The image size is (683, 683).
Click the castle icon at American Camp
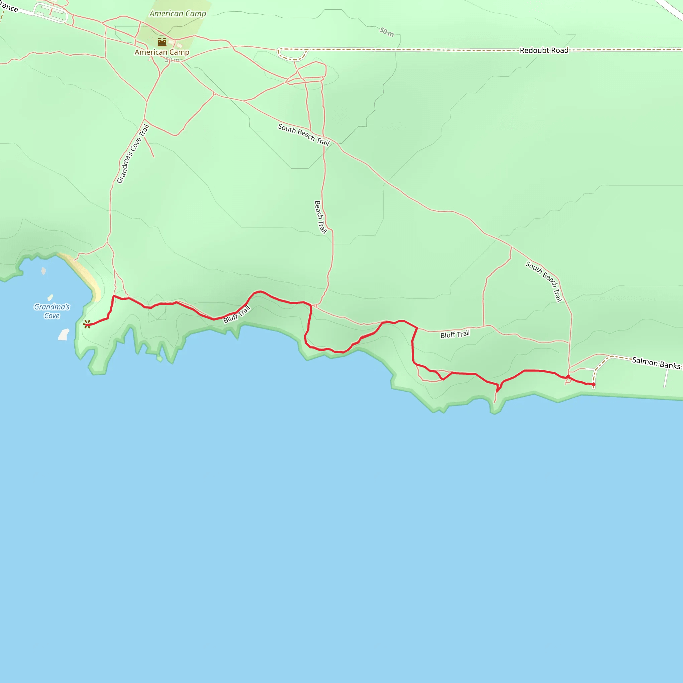(162, 42)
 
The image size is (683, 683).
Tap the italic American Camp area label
(177, 14)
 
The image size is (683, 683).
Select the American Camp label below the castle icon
(162, 52)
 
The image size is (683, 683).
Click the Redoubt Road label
(544, 51)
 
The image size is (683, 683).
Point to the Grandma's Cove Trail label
(133, 154)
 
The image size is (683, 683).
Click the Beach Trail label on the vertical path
(320, 217)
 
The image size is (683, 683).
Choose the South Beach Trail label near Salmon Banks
(544, 281)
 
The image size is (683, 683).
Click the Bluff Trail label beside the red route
(236, 314)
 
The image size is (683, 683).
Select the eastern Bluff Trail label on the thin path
(455, 334)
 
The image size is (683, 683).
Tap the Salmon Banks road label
(656, 363)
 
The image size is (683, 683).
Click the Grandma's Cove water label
(52, 311)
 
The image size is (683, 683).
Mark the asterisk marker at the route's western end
(87, 324)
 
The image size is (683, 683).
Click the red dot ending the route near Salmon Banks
(594, 384)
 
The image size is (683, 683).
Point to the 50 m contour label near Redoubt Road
(387, 32)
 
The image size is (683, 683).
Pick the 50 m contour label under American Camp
(172, 60)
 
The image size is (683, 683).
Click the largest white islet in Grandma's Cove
(64, 334)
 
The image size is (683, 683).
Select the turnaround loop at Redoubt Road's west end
(292, 55)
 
